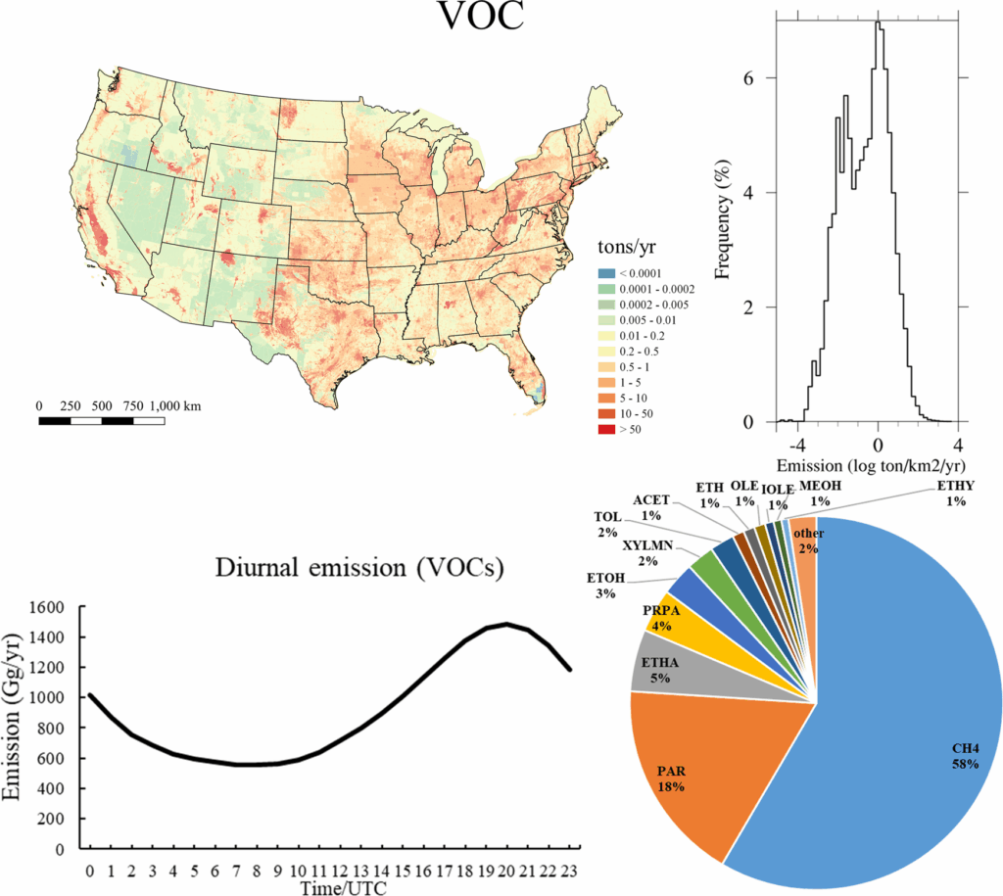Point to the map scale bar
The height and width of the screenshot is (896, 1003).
point(101,421)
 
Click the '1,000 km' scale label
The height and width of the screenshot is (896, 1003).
point(177,405)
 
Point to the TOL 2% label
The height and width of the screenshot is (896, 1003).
point(607,525)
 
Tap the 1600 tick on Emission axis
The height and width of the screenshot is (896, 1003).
point(55,607)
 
